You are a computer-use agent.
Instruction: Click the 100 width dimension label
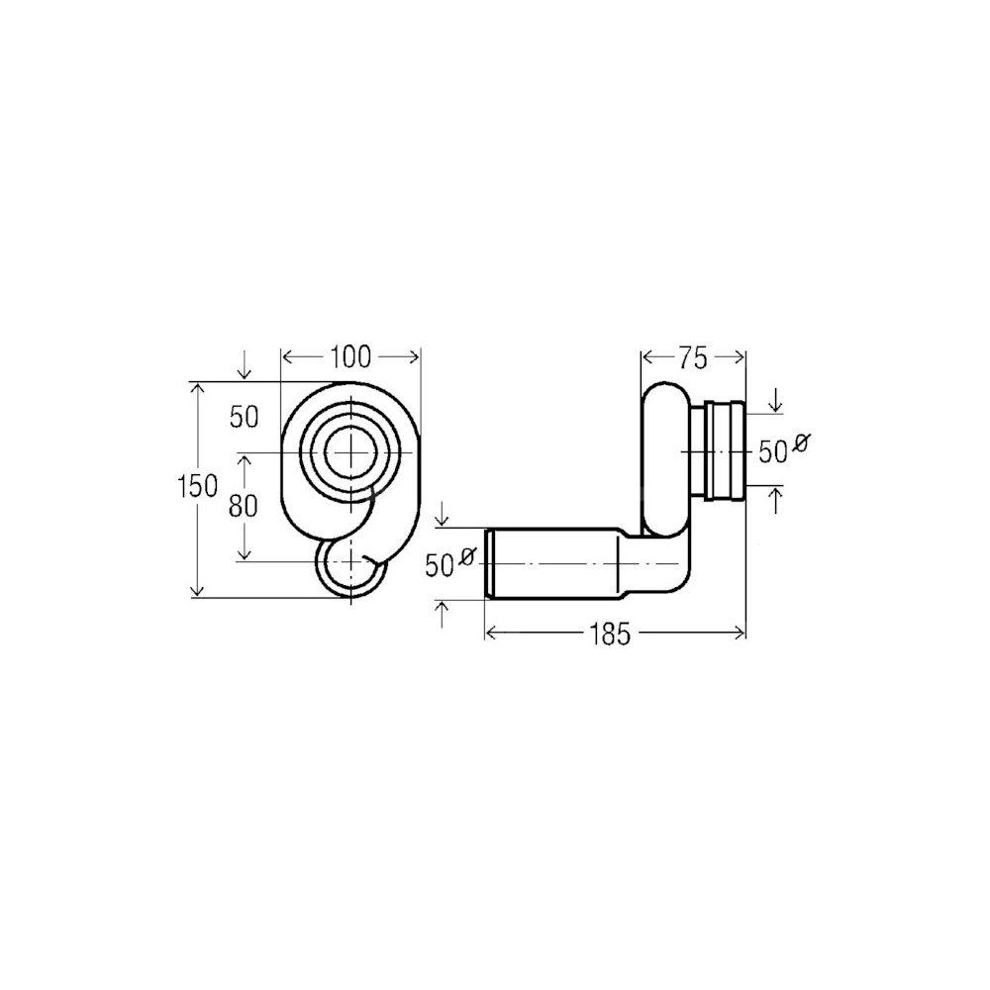tap(351, 357)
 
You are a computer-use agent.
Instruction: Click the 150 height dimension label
tap(198, 486)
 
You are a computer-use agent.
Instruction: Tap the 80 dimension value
tap(244, 505)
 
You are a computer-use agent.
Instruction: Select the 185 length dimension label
tap(611, 634)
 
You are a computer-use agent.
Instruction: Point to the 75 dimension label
tap(693, 358)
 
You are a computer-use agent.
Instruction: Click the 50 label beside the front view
tap(245, 418)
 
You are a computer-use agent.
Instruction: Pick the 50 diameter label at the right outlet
tap(772, 452)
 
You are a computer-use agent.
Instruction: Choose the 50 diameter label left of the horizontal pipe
tap(441, 565)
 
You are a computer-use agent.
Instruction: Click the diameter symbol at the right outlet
tap(799, 443)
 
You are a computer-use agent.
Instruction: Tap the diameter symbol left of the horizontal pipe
tap(467, 555)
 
